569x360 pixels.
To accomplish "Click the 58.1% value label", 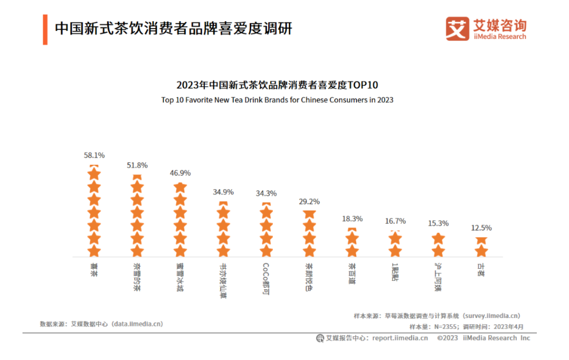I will coord(94,156).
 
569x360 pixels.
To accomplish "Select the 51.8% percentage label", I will coord(137,165).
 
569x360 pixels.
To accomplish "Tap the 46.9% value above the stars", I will coord(180,173).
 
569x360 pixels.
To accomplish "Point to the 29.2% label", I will coord(309,202).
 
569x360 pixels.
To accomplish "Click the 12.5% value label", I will coord(481,228).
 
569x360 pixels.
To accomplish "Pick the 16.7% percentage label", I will coord(395,221).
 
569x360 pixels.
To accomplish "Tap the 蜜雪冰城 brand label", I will coord(180,277).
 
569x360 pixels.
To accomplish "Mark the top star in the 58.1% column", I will coord(94,174).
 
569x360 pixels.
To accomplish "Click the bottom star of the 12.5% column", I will coord(481,251).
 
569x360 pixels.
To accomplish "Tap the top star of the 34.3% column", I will coord(266,213).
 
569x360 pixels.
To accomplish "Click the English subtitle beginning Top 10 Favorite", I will coord(277,100).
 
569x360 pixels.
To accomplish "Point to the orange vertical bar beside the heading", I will coord(45,29).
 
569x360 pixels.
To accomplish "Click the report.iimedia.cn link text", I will coord(400,338).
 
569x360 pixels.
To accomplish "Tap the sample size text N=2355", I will coord(444,327).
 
